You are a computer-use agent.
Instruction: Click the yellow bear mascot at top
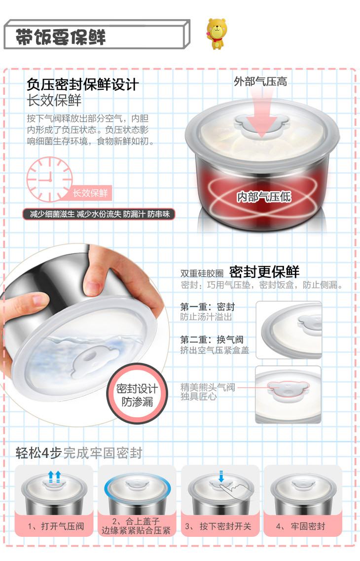point(216,34)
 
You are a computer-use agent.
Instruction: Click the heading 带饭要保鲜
point(61,37)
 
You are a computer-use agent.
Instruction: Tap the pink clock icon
point(50,179)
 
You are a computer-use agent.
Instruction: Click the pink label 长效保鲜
point(90,193)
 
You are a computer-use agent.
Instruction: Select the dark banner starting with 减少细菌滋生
point(99,214)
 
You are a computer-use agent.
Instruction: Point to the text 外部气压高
point(260,81)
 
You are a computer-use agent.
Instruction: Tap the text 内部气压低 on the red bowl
point(264,196)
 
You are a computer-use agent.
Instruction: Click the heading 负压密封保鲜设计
point(82,85)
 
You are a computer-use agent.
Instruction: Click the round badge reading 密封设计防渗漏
point(137,394)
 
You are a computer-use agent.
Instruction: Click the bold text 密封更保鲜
point(264,272)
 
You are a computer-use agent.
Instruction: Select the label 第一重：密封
point(207,306)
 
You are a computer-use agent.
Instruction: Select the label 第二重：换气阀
point(212,339)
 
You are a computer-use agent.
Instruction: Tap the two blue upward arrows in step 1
point(54,476)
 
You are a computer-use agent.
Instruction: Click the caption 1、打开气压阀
point(56,526)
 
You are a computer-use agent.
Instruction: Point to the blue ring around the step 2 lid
point(137,489)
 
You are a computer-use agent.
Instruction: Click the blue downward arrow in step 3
point(221,476)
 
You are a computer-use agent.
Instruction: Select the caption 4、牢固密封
point(301,526)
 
